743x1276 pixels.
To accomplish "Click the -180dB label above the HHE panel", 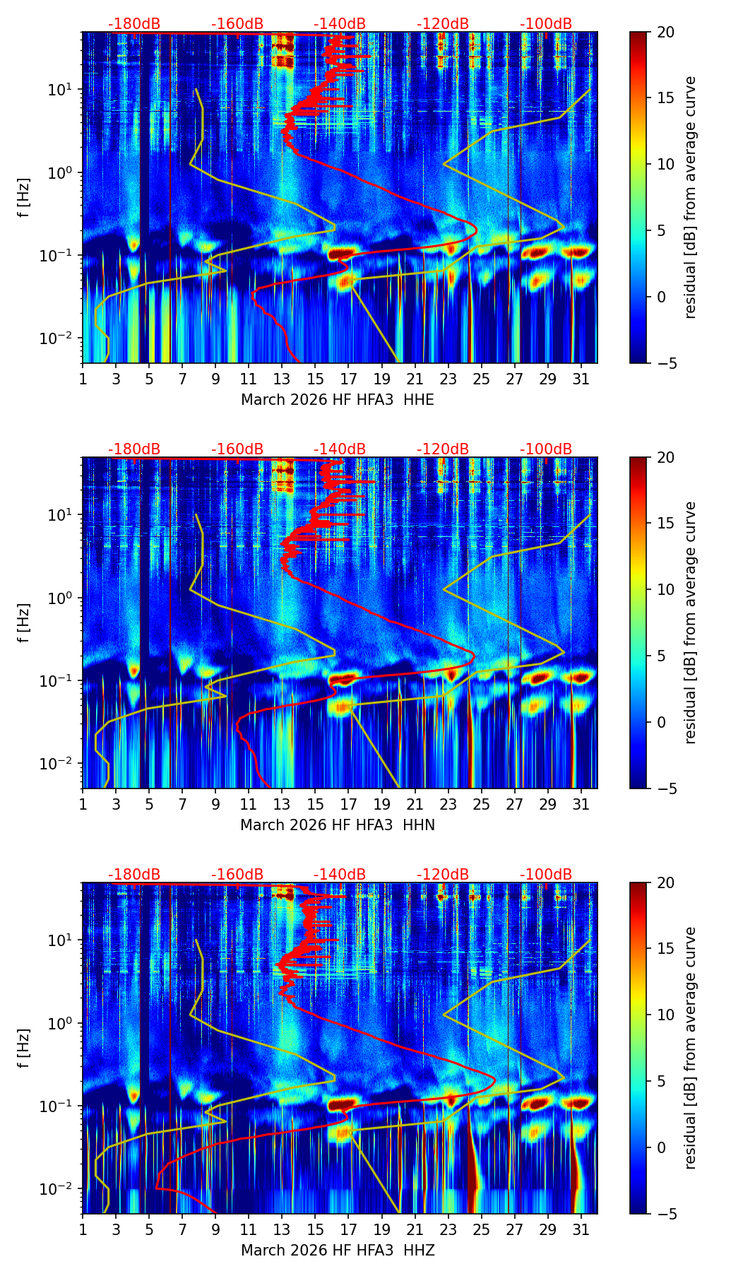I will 134,24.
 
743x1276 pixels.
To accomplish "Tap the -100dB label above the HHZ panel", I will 546,875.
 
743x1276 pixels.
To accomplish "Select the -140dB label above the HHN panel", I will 340,449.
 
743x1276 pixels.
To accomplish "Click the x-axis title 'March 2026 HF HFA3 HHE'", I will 338,400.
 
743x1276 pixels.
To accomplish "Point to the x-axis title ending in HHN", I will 338,825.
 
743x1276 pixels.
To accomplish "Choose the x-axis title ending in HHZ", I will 338,1251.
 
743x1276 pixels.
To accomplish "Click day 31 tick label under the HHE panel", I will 581,379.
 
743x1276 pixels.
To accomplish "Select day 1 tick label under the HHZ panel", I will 83,1230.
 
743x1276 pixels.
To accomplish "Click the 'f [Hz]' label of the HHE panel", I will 25,198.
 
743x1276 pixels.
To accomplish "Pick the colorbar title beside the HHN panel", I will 691,623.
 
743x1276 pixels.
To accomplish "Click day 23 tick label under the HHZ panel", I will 448,1230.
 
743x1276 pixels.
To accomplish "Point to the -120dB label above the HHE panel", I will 443,24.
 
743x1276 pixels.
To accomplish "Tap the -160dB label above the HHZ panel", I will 237,875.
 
